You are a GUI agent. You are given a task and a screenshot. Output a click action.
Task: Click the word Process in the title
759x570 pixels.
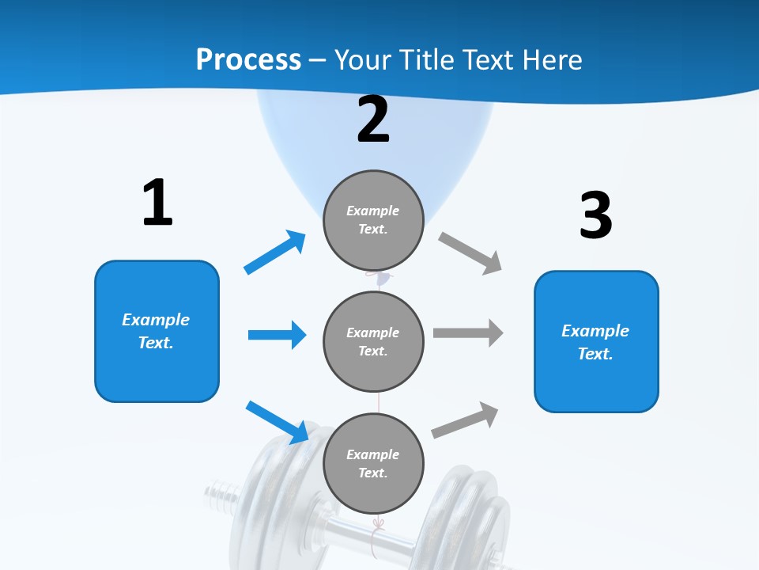click(x=248, y=59)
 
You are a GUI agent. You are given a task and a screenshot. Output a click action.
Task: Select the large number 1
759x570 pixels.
click(x=157, y=203)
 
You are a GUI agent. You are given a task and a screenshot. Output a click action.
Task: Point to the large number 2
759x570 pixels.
click(x=373, y=120)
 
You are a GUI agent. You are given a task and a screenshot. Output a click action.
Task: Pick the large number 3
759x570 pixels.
click(x=595, y=216)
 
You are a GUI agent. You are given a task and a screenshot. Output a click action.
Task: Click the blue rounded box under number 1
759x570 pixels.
click(x=157, y=331)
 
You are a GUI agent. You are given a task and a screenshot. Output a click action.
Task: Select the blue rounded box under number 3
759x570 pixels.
click(x=596, y=341)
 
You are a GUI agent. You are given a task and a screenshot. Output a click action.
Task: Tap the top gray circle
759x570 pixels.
click(x=373, y=220)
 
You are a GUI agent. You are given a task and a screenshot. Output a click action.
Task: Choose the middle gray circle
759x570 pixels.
click(x=373, y=341)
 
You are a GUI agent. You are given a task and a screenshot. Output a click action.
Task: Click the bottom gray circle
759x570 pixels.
click(x=373, y=463)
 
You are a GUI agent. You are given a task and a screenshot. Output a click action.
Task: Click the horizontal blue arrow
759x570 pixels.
click(x=277, y=335)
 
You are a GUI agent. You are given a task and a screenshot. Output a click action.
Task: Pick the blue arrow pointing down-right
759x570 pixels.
click(x=278, y=422)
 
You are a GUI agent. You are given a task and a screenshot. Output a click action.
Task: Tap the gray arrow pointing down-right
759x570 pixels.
click(x=470, y=253)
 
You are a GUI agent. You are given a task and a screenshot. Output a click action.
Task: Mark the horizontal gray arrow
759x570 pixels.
click(x=468, y=332)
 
